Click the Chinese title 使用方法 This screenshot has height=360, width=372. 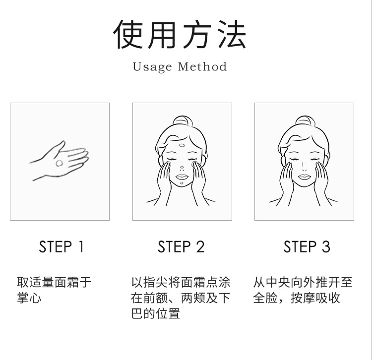pos(180,35)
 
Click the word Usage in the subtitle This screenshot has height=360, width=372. pos(152,67)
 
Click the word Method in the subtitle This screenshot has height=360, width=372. pos(202,66)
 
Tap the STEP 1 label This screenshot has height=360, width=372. pos(61,246)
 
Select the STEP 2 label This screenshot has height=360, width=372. pos(181,246)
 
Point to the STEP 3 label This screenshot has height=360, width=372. pos(307,246)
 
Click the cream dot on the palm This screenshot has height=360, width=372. pos(60,163)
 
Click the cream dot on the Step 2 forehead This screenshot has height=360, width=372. pos(182,145)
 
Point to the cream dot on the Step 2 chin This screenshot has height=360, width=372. pos(182,183)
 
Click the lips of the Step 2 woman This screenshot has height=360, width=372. pos(182,177)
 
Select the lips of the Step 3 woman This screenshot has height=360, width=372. pos(305,177)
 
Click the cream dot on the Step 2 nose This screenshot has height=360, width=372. pos(182,168)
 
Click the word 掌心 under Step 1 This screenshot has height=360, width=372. pos(29,298)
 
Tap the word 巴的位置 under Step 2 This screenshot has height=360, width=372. pos(156,313)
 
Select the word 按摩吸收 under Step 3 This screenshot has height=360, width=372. pos(315,298)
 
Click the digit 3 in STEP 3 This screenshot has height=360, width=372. pos(326,246)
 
